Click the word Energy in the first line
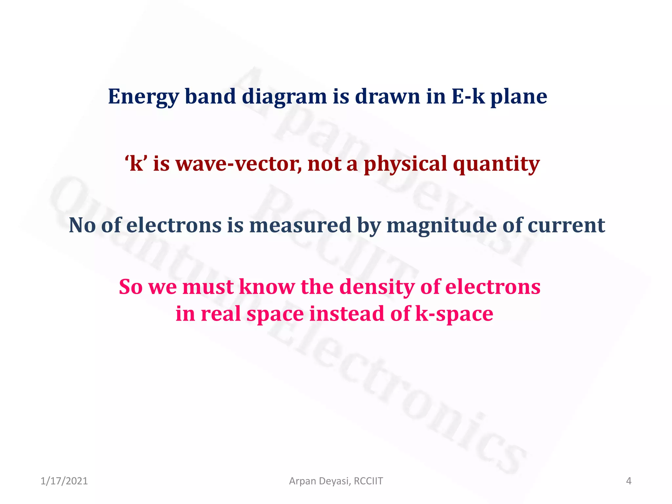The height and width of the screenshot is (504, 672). pyautogui.click(x=143, y=97)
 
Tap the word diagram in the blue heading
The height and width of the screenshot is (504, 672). pyautogui.click(x=284, y=97)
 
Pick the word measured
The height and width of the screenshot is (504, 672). pyautogui.click(x=300, y=225)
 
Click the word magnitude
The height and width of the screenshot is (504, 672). pyautogui.click(x=441, y=225)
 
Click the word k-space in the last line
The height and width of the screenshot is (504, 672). pyautogui.click(x=454, y=314)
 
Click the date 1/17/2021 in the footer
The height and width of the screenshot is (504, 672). pyautogui.click(x=64, y=481)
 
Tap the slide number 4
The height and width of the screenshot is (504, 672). pyautogui.click(x=629, y=481)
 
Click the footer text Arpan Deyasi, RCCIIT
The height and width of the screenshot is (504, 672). pyautogui.click(x=336, y=481)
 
